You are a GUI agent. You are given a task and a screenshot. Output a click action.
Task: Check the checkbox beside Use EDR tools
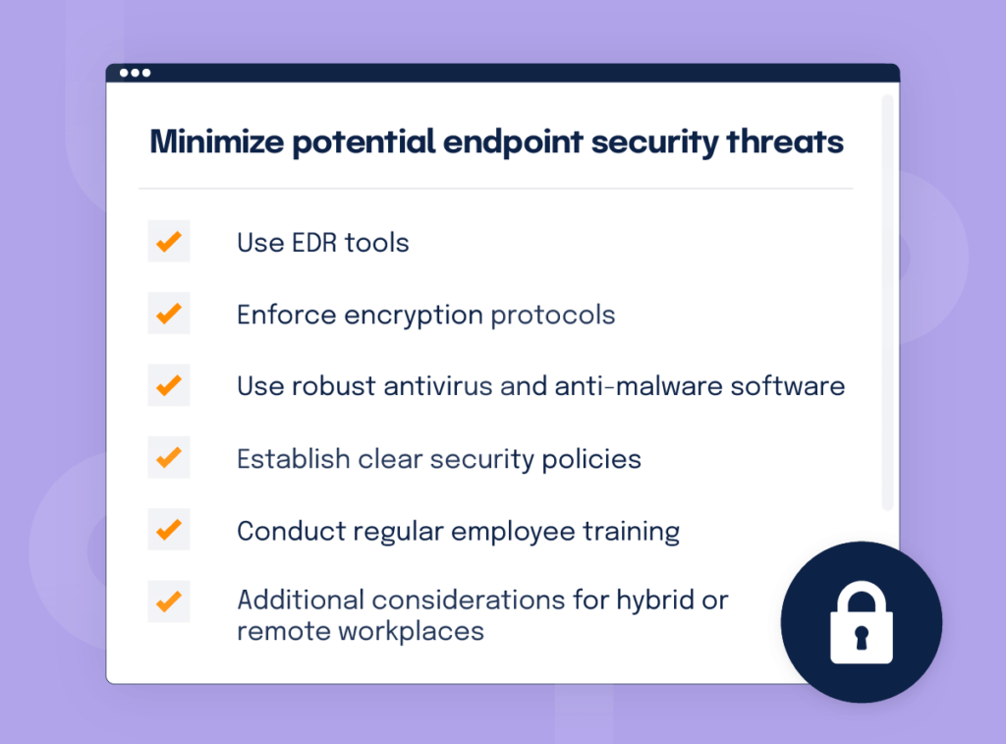[169, 241]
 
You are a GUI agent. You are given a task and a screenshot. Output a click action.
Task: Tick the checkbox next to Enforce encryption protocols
[169, 314]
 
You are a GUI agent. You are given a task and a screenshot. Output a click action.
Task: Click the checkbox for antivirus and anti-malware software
[169, 385]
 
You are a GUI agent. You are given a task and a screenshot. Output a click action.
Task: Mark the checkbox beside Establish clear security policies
[169, 457]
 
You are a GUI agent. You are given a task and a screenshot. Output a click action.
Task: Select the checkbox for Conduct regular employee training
[169, 530]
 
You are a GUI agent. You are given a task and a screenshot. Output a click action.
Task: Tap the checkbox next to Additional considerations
[169, 601]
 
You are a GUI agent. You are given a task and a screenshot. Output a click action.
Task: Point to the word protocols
[553, 315]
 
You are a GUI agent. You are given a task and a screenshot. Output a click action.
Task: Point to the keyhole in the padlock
[862, 640]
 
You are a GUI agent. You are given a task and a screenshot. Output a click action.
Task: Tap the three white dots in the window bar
[135, 73]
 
